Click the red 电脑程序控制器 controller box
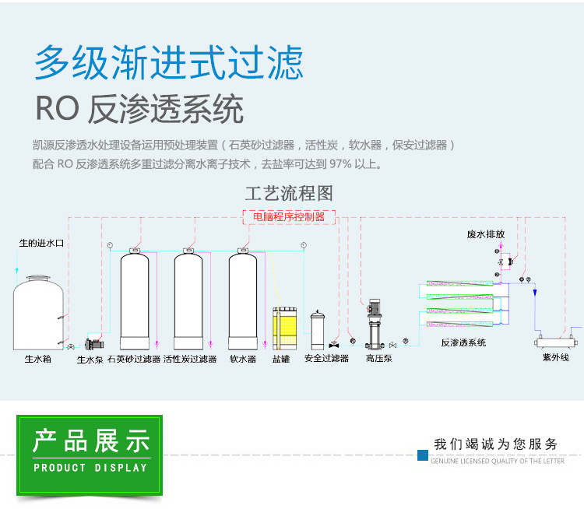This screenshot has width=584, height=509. point(289,217)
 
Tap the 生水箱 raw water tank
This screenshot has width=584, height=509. point(38,313)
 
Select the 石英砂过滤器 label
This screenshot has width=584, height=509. point(134,359)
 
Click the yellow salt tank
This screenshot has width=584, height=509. point(284,328)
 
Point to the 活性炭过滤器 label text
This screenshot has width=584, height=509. point(190,359)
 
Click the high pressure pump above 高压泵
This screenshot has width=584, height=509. point(375,324)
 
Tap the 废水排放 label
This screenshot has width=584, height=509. point(486,234)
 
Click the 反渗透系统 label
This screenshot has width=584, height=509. point(463,342)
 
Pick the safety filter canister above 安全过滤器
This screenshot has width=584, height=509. point(318,330)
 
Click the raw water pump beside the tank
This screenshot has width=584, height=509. point(94,344)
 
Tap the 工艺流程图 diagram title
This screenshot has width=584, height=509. point(289,193)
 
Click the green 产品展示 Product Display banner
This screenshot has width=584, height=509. point(90,455)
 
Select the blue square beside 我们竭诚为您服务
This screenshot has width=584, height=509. point(423,455)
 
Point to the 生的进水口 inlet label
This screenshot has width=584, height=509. point(42,243)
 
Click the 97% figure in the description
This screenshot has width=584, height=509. point(340,164)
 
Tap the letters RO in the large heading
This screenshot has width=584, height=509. point(58,108)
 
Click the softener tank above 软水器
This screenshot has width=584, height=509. point(243,300)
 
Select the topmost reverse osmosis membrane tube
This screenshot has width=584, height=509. point(459,284)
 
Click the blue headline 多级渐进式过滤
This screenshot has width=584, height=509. point(169,62)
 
